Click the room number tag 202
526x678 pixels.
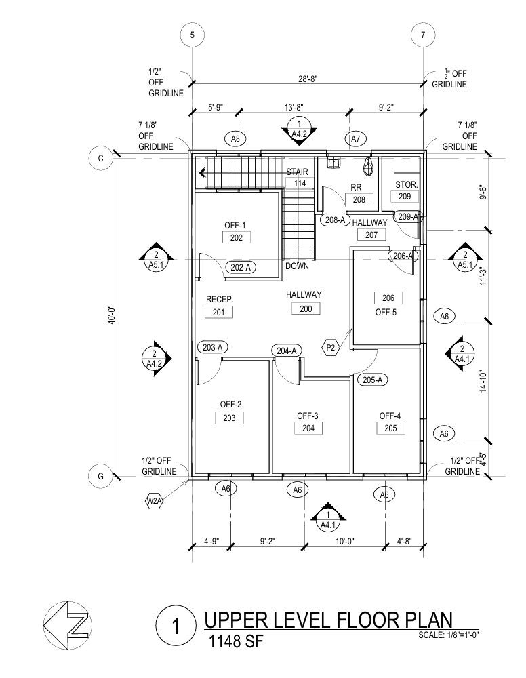(x=237, y=237)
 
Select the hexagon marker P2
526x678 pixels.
(x=331, y=347)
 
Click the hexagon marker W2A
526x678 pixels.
(x=154, y=502)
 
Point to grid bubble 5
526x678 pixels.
(x=193, y=35)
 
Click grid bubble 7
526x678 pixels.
(x=423, y=35)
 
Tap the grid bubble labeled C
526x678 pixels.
(x=100, y=158)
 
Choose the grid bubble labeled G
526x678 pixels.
(x=100, y=476)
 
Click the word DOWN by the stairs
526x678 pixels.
(x=297, y=266)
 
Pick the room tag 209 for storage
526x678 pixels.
(x=405, y=197)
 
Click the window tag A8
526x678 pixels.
(x=235, y=139)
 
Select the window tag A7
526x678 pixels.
(x=355, y=139)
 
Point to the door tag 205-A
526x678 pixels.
(x=371, y=380)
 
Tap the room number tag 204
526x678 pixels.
(x=308, y=428)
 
